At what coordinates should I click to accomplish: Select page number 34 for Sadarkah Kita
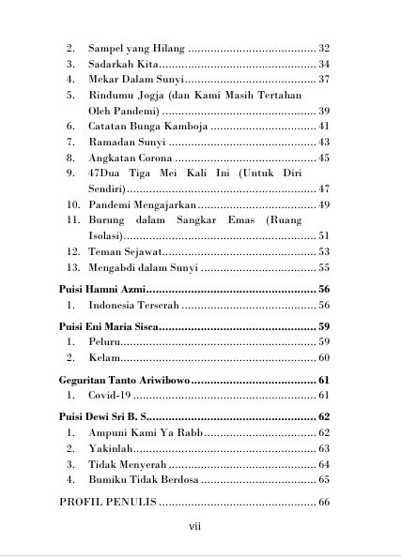coord(323,65)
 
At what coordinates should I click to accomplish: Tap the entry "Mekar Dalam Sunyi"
coord(129,81)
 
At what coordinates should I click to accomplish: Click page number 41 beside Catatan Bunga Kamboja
coord(323,126)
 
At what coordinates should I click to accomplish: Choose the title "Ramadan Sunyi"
coord(127,142)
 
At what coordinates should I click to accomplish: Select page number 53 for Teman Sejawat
coord(323,251)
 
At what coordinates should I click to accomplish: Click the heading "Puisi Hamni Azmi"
coord(102,290)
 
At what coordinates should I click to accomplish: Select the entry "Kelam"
coord(102,358)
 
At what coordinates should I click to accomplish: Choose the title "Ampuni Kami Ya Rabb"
coord(145,433)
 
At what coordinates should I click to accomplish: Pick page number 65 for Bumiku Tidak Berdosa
coord(323,479)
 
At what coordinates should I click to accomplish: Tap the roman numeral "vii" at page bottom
coord(195,526)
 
